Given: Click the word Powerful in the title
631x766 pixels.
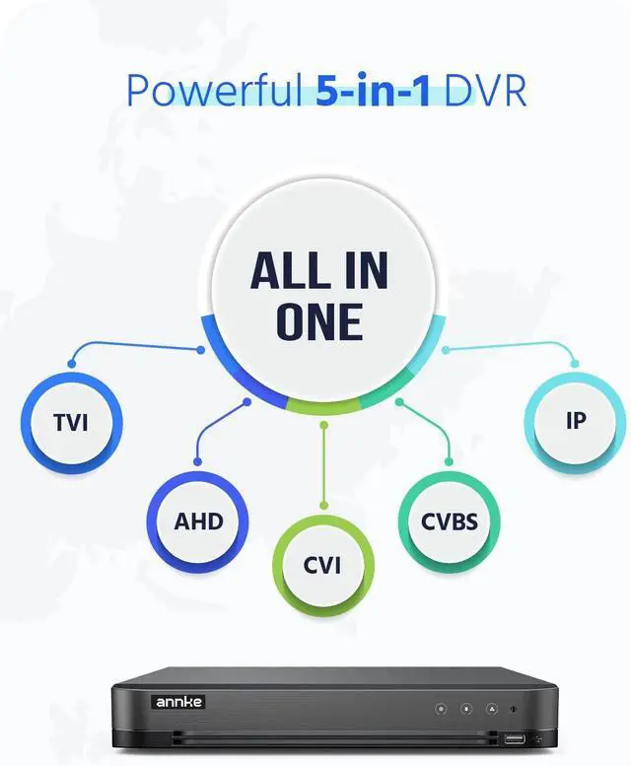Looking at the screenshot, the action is [x=212, y=90].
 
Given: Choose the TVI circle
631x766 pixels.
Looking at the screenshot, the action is [x=71, y=424].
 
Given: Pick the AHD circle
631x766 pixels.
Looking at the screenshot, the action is [x=198, y=522].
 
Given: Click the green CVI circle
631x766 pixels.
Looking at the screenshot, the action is [x=323, y=565].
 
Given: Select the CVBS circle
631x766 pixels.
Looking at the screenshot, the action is [x=449, y=521].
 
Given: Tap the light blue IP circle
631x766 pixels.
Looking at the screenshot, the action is [x=576, y=421].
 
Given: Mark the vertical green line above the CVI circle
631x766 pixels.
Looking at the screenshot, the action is [x=323, y=463].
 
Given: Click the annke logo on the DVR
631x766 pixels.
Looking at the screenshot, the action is [x=177, y=702].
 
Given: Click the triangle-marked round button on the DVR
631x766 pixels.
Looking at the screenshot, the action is [x=490, y=708].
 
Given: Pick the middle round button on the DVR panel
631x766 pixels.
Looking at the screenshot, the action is [x=465, y=708].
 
